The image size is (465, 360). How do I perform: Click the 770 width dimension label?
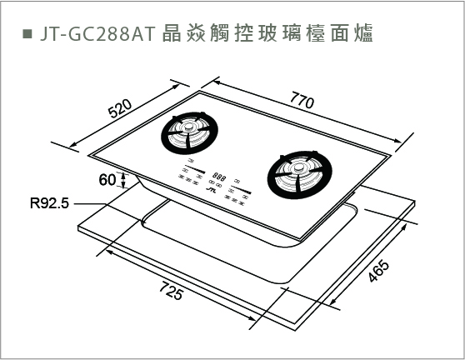click(302, 100)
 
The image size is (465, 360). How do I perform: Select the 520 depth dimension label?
click(120, 108)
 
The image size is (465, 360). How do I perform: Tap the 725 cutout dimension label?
click(172, 291)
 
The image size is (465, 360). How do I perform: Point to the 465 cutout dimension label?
click(378, 271)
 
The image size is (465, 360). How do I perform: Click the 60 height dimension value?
click(107, 180)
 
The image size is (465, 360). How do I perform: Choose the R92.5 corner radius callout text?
click(49, 203)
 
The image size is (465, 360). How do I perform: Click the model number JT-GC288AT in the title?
click(97, 33)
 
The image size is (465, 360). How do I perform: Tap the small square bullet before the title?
click(27, 33)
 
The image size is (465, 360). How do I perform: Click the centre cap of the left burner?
click(188, 127)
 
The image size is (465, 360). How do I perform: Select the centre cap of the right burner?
click(297, 168)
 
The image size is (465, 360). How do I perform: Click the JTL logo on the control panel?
click(211, 188)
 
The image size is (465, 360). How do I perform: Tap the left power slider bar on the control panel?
click(195, 169)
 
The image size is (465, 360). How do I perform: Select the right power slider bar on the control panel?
click(241, 190)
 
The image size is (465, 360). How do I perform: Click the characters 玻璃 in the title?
click(276, 33)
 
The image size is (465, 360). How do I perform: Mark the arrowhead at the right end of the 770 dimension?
click(397, 141)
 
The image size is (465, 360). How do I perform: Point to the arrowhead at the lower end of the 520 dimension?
click(73, 145)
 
